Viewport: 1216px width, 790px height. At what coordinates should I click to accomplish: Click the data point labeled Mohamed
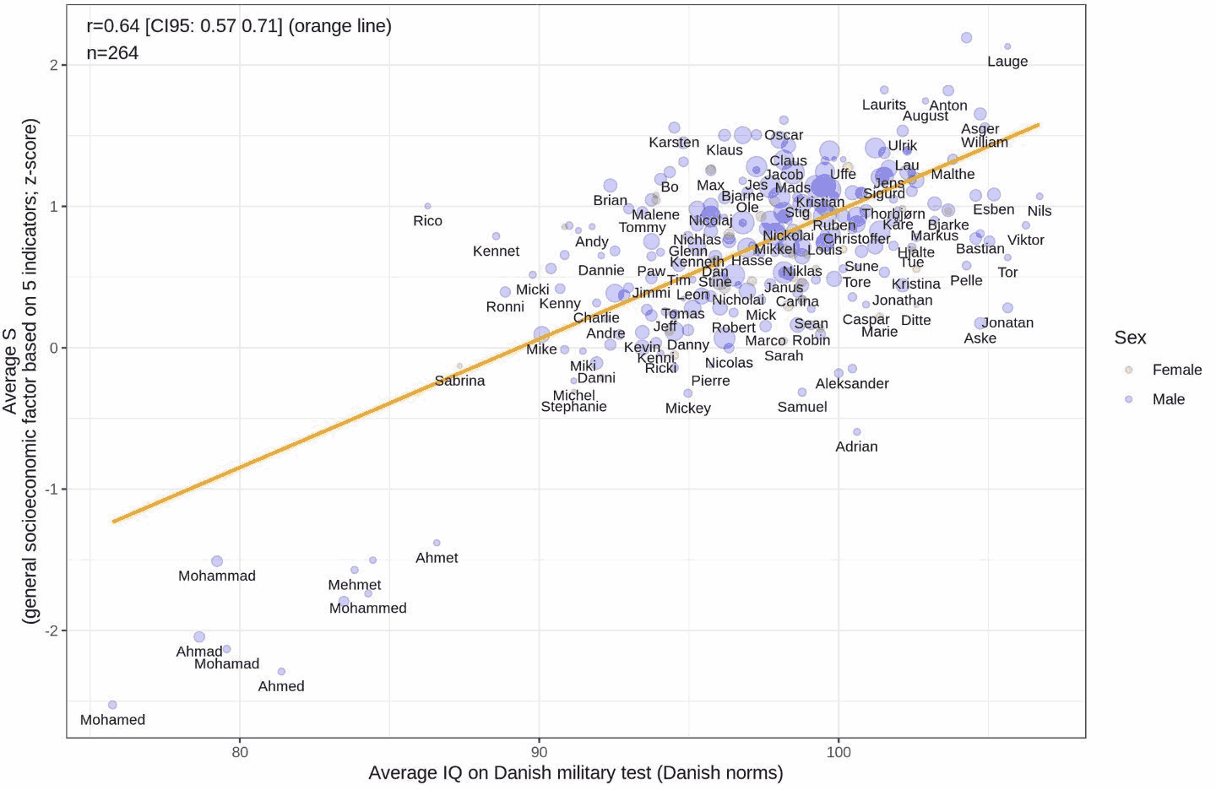[x=112, y=705]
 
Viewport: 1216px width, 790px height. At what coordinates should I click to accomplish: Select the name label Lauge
[x=1007, y=62]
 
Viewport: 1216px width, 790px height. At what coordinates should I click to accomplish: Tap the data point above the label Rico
[x=427, y=206]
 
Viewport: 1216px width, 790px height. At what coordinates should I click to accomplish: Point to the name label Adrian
[x=856, y=446]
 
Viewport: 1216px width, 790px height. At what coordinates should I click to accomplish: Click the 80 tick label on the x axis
[x=240, y=752]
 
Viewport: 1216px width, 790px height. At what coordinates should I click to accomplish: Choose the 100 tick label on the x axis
[x=839, y=752]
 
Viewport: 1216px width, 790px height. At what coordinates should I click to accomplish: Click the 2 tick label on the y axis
[x=54, y=65]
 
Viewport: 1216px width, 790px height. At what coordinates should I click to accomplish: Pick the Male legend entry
[x=1168, y=399]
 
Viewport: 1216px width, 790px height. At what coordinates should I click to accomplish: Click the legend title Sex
[x=1130, y=338]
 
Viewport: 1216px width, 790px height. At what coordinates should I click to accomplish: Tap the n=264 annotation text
[x=112, y=52]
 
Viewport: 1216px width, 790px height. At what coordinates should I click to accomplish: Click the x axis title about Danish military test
[x=576, y=772]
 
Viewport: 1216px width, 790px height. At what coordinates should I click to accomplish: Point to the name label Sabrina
[x=459, y=381]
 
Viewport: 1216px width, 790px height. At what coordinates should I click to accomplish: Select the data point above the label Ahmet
[x=437, y=543]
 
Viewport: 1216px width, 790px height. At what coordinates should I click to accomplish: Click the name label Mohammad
[x=217, y=576]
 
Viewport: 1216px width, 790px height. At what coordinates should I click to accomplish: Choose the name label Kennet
[x=496, y=251]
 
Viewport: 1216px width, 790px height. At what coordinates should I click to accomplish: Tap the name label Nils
[x=1040, y=211]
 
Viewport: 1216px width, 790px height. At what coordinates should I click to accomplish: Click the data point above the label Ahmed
[x=281, y=672]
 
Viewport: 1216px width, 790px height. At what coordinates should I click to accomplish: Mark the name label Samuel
[x=801, y=407]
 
